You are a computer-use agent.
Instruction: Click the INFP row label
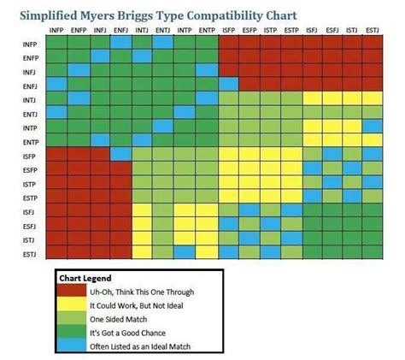click(x=29, y=43)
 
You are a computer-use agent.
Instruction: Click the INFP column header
click(x=56, y=31)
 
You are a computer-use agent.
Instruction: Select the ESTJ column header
click(x=373, y=31)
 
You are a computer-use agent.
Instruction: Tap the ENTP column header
click(x=206, y=31)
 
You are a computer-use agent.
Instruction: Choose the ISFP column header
click(x=228, y=31)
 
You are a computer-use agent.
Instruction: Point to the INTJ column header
click(x=141, y=31)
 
